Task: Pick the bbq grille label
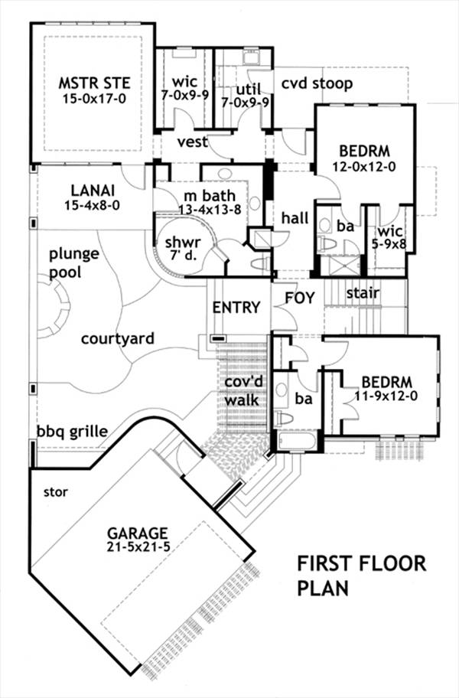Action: [72, 431]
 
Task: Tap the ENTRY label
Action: [236, 307]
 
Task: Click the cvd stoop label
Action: [316, 83]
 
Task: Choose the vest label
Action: [194, 143]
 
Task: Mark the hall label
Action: [295, 219]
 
